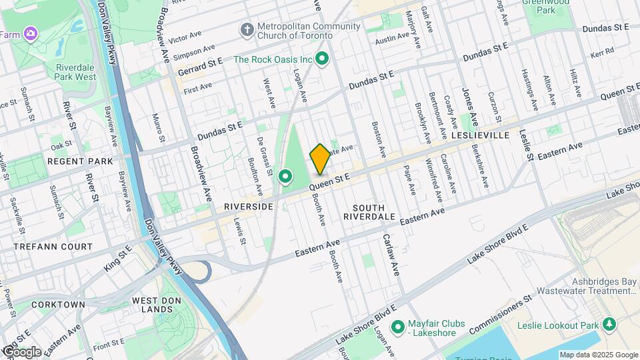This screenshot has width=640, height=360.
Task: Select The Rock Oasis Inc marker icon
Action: coord(323,60)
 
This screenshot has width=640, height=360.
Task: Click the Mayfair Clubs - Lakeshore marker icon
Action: coord(398,327)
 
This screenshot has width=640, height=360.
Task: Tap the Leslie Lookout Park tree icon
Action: coord(608,324)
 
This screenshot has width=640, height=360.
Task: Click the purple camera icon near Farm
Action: coord(30,33)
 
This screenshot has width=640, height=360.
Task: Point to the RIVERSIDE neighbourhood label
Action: coord(249,207)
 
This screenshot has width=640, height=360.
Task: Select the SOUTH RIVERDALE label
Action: coord(369,212)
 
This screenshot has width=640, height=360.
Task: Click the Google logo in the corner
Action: coord(21,352)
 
